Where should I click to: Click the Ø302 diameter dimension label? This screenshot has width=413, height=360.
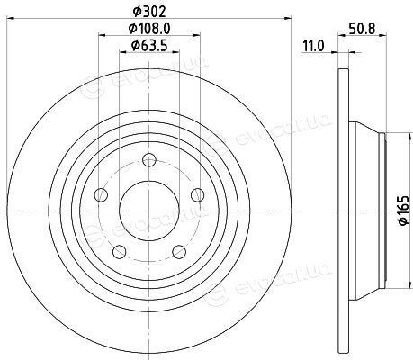149,12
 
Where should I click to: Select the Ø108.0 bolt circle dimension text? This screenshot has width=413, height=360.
149,29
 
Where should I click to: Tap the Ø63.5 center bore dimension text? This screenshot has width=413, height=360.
149,46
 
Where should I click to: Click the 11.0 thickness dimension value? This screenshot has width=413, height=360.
313,46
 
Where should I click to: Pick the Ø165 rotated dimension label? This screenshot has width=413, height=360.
403,211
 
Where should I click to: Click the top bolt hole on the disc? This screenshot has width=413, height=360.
149,160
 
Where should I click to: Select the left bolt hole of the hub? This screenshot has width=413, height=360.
101,195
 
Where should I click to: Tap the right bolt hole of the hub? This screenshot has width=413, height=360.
197,195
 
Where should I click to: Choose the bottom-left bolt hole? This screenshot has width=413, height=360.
120,251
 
